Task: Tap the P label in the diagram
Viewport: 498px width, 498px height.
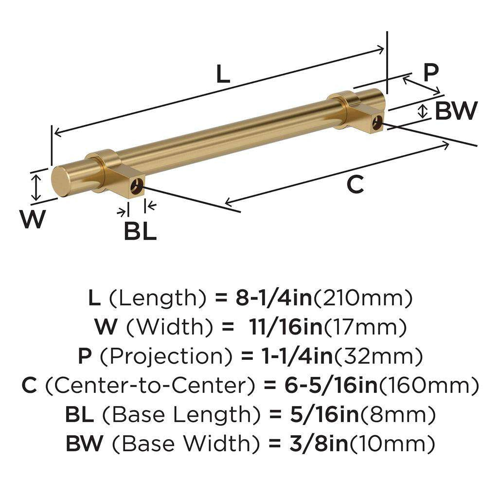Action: click(430, 73)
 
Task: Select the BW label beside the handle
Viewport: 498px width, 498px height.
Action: click(456, 111)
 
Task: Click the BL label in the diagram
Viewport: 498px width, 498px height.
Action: click(140, 231)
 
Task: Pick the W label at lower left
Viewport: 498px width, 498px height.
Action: click(32, 219)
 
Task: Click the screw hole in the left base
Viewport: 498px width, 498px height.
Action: click(139, 185)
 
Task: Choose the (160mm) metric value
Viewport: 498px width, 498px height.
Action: click(428, 386)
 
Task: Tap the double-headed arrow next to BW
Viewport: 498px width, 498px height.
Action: click(424, 111)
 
